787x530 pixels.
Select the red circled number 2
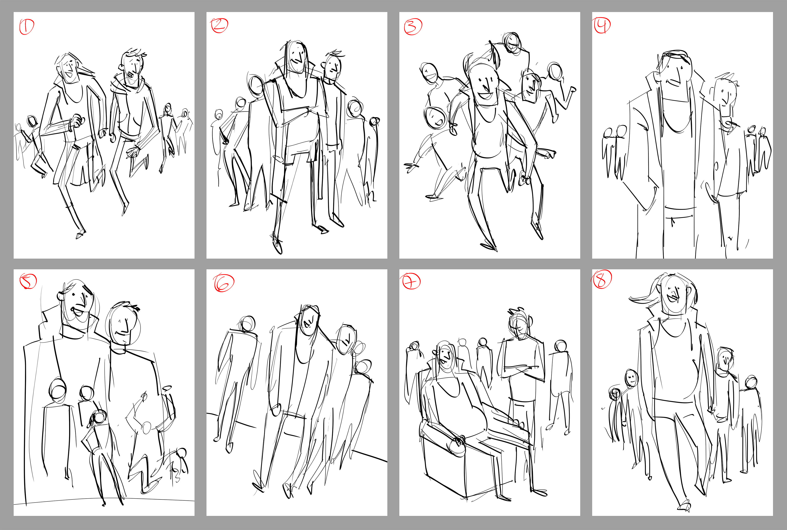(x=219, y=25)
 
